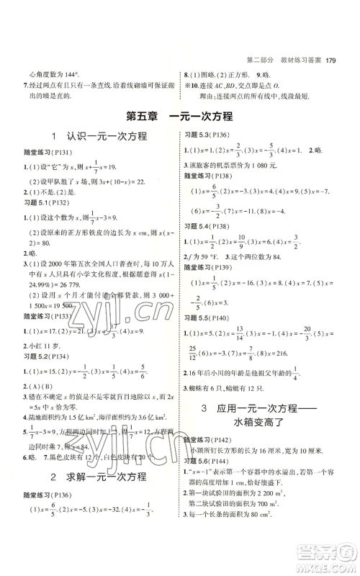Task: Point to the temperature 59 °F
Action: pyautogui.click(x=215, y=276)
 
